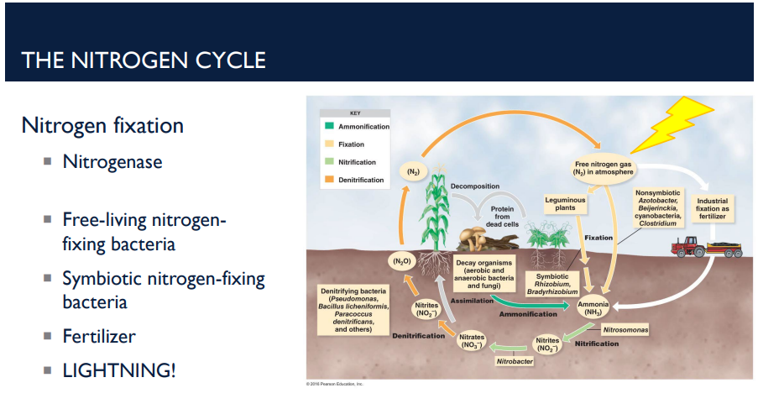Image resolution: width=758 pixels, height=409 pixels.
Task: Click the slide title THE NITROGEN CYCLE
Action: tap(144, 60)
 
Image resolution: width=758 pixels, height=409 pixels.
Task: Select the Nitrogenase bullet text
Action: tap(112, 160)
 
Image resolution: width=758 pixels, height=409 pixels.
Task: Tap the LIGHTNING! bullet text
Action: tap(119, 370)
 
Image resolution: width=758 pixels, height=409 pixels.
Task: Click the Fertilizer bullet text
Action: tap(99, 336)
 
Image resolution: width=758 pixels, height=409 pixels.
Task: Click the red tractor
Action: tap(686, 245)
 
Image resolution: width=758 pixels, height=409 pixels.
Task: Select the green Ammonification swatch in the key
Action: tap(330, 127)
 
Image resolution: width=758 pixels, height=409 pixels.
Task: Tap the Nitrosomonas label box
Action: tap(625, 330)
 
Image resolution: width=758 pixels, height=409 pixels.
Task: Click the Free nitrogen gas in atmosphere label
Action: tap(604, 167)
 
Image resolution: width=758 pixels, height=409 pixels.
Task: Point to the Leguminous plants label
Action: tap(565, 205)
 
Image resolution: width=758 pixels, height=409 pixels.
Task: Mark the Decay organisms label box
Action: tap(484, 274)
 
